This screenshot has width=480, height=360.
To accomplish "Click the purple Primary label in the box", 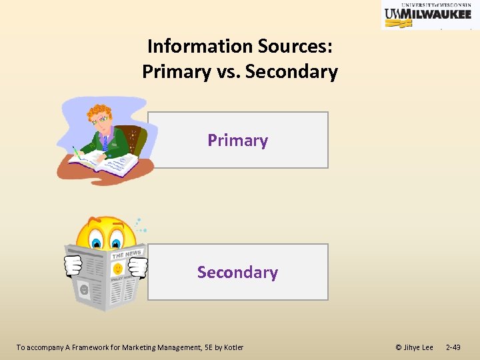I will point(237,140).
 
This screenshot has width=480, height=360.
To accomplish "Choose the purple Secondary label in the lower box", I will point(237,272).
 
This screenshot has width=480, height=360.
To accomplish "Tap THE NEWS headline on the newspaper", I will point(127,254).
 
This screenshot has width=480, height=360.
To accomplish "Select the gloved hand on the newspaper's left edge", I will point(72,266).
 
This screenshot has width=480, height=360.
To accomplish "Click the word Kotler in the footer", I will point(233,347).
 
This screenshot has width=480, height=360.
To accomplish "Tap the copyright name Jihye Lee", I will point(418,347).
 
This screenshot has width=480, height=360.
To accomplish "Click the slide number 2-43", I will point(453,347).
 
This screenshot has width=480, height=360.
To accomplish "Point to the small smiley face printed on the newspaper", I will point(117,269).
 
